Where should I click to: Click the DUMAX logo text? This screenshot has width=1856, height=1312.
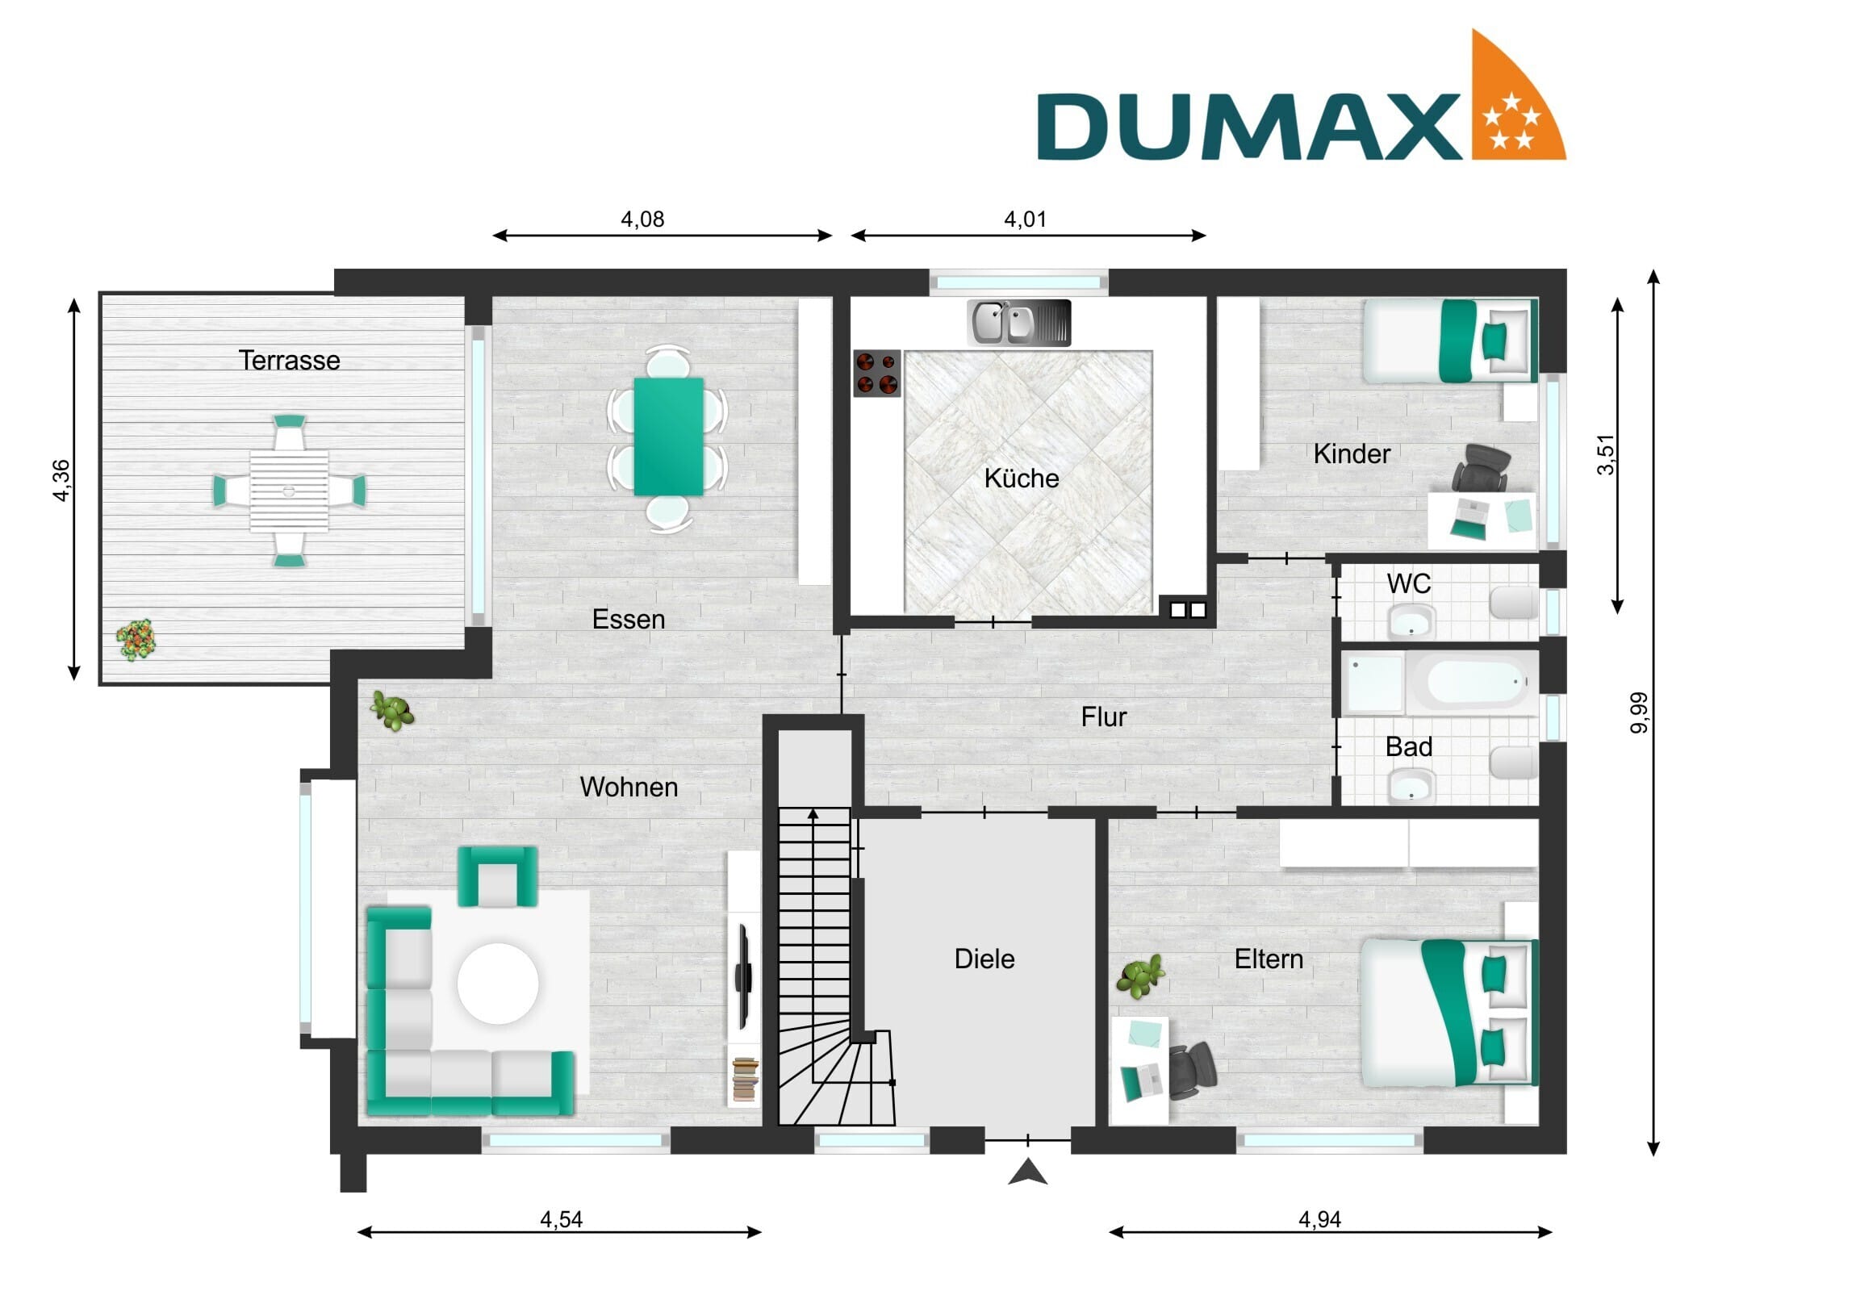1249,126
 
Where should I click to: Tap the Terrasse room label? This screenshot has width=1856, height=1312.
289,361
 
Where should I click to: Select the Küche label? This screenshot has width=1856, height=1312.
1021,478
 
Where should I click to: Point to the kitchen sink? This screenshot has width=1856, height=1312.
1018,323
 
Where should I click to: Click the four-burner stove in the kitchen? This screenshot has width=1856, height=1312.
877,374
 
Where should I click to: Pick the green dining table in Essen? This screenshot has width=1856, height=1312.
667,437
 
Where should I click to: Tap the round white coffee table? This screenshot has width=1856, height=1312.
498,984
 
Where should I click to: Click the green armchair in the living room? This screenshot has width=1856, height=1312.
497,876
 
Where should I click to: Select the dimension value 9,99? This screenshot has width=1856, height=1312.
1638,713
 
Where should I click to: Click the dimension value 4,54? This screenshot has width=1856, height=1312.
561,1219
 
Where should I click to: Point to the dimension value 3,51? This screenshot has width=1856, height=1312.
1605,454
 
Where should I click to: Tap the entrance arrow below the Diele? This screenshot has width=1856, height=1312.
1027,1172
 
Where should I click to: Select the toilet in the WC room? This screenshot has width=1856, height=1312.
1513,603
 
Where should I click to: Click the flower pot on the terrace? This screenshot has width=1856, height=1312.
135,639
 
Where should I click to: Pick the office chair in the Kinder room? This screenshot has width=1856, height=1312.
1481,467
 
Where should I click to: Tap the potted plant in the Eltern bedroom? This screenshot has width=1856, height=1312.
1139,976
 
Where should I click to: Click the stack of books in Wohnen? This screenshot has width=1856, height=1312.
745,1080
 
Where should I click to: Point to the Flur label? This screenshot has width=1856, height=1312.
1103,717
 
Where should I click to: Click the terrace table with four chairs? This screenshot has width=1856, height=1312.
289,491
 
